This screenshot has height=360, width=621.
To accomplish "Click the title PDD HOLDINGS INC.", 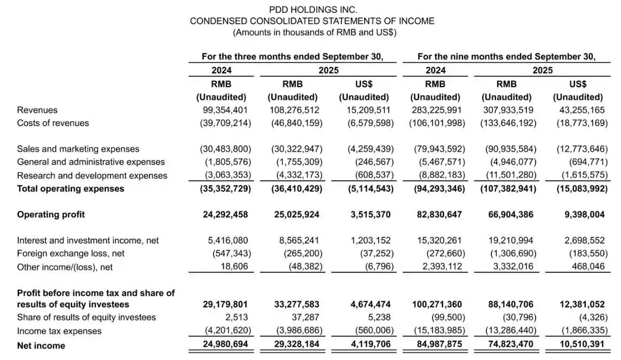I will (312, 10).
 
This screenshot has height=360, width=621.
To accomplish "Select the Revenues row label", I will (37, 110).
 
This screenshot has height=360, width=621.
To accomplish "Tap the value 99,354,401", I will (223, 110).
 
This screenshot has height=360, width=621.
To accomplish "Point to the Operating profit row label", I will (51, 215).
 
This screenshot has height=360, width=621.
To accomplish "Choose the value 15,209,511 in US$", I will (365, 110).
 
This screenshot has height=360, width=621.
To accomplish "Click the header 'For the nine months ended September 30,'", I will (506, 56).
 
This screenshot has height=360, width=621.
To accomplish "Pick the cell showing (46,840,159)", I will (295, 123).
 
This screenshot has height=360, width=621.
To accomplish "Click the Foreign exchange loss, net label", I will (70, 254).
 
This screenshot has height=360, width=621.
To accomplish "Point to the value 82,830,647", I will (437, 215).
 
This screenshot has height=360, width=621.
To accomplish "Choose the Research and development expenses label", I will (92, 176).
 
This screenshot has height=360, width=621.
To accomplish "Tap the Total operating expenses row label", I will (70, 189).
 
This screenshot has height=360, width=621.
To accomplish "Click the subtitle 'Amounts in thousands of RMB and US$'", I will (314, 33).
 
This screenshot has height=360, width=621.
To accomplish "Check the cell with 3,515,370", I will (365, 215).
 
